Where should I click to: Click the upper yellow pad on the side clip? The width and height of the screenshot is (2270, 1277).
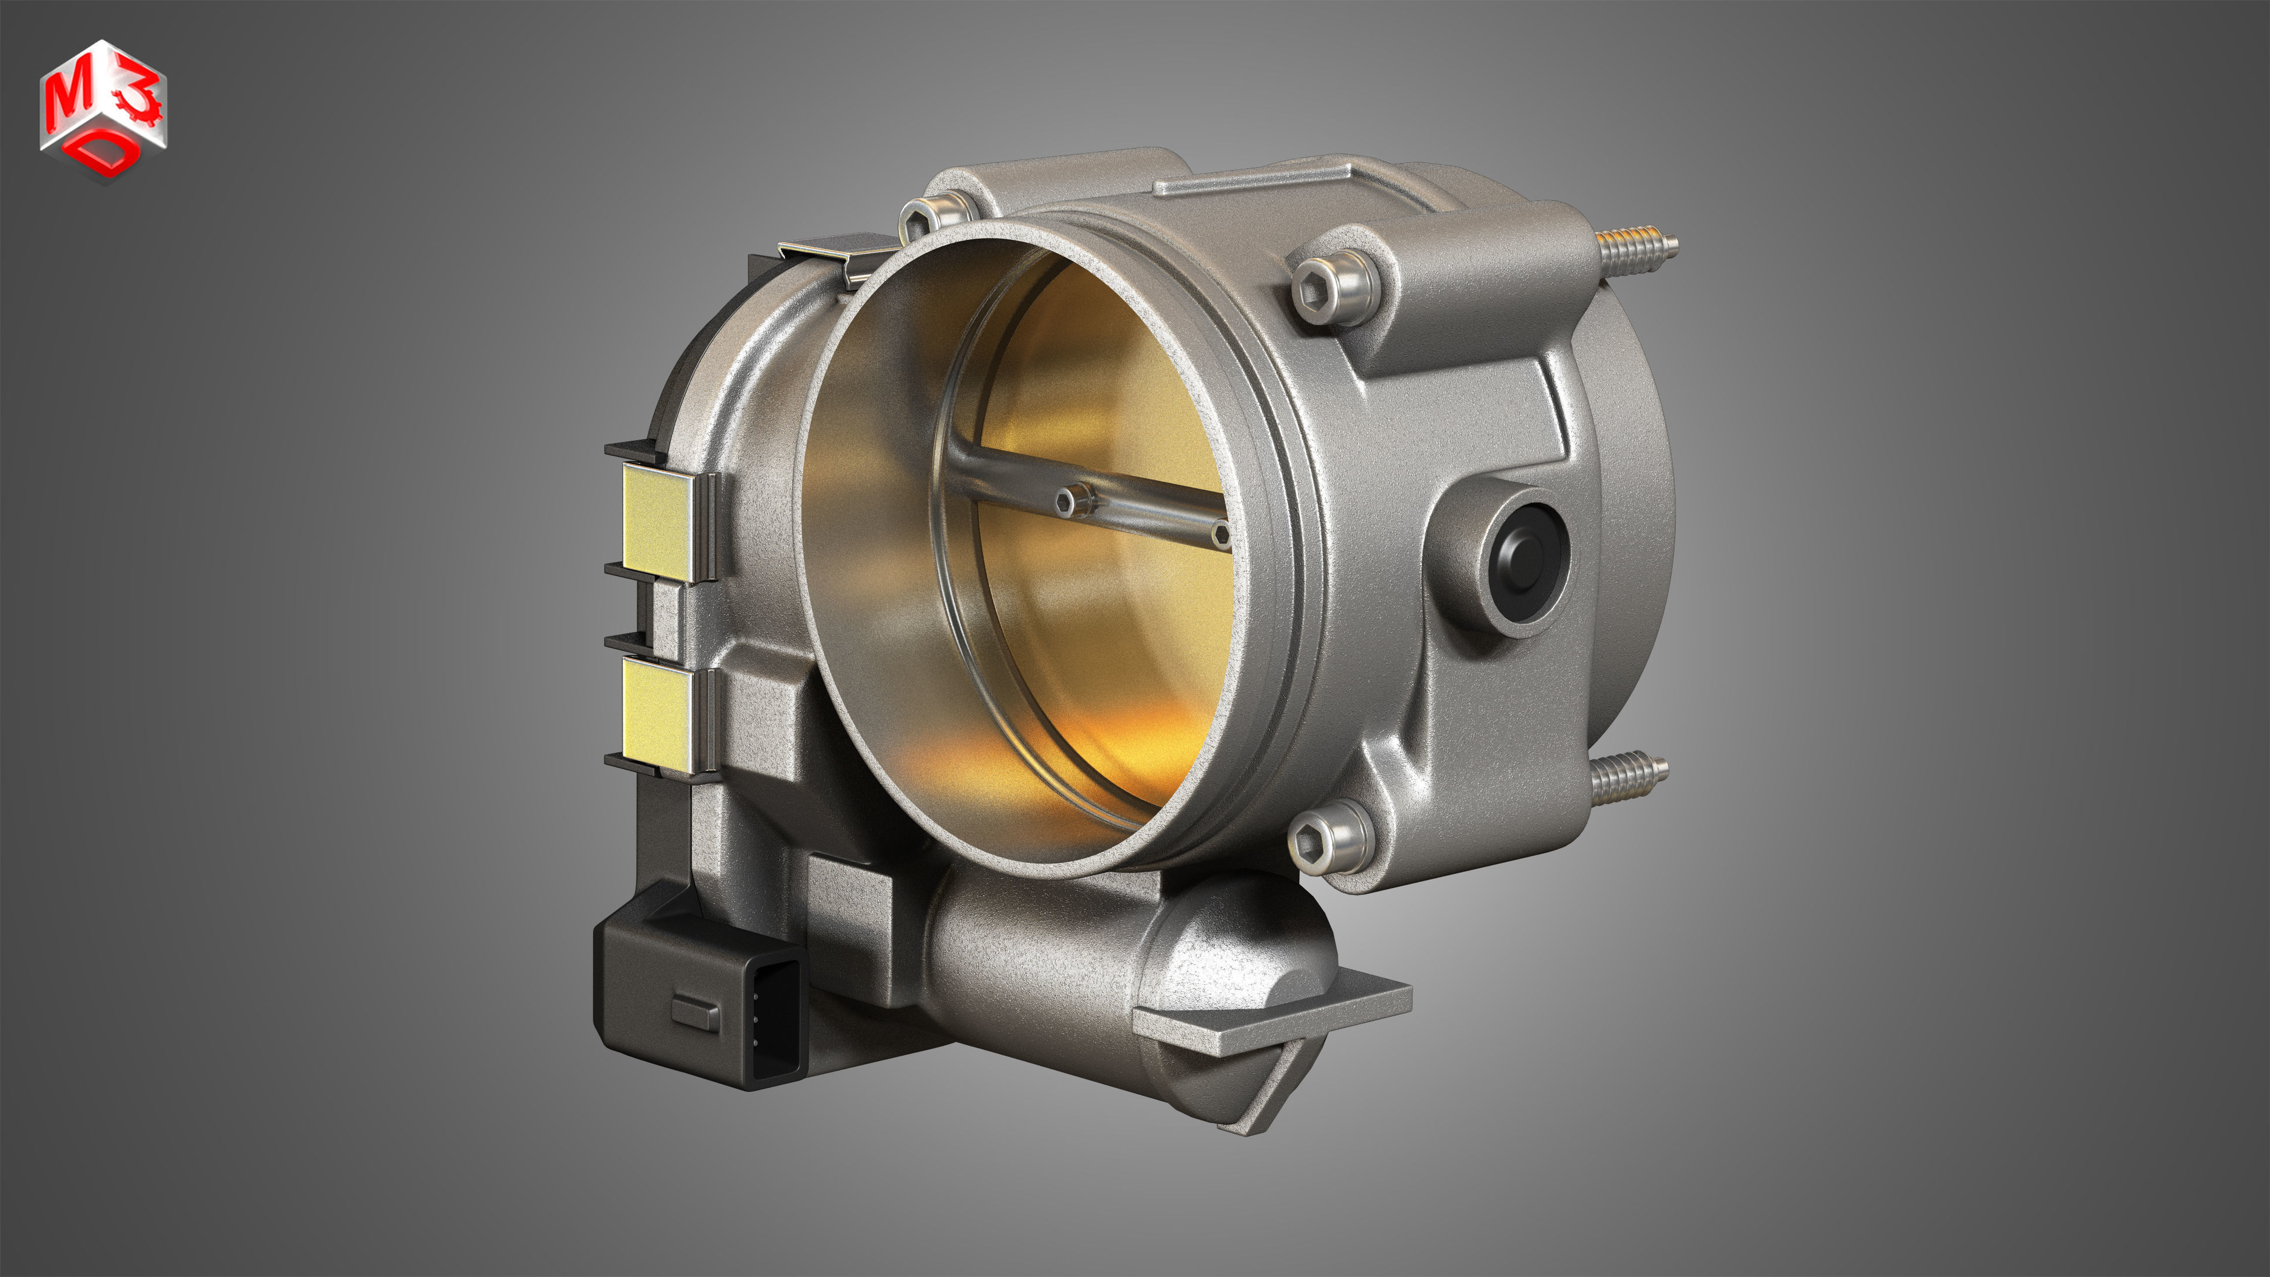click(657, 522)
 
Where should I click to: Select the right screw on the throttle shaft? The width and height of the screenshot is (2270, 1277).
click(1221, 532)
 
